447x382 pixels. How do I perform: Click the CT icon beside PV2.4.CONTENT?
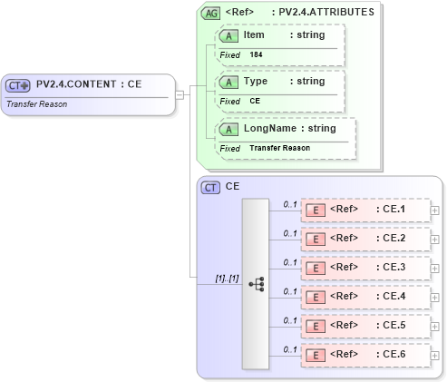click(18, 85)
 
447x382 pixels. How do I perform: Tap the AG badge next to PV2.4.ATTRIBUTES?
click(211, 14)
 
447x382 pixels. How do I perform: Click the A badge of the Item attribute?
click(230, 34)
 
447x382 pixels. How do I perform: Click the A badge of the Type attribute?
click(230, 82)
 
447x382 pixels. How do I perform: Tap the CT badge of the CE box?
click(211, 187)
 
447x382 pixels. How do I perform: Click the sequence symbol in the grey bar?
click(256, 283)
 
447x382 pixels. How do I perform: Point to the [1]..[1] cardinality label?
click(226, 278)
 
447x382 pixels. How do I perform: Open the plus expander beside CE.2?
click(435, 240)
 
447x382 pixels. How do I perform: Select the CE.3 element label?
click(394, 268)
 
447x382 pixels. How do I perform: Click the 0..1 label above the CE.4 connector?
click(290, 291)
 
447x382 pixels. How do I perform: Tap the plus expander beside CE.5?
click(435, 327)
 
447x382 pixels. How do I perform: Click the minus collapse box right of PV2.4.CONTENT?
click(180, 93)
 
